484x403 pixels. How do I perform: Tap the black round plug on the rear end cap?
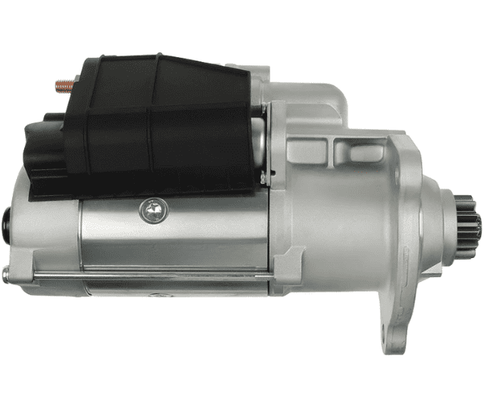(8, 218)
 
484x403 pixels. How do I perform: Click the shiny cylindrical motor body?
(177, 242)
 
